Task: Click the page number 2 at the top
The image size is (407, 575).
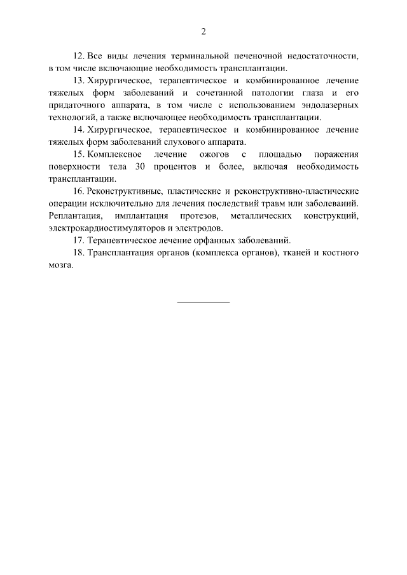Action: point(203,31)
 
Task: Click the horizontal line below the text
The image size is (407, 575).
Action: point(203,301)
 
